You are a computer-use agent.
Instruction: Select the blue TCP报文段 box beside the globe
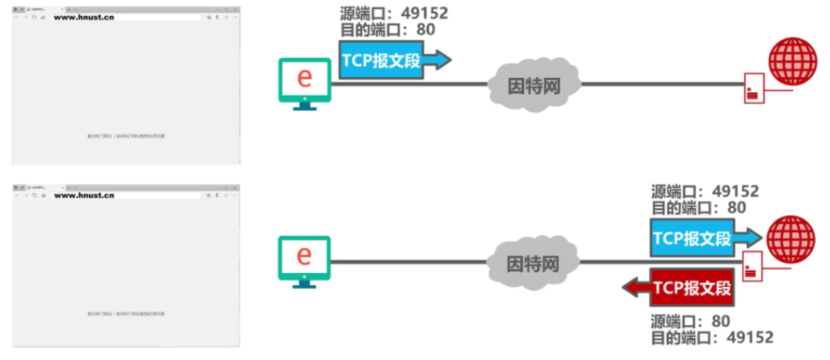click(x=692, y=237)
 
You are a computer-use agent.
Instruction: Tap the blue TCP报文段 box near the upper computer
click(x=381, y=61)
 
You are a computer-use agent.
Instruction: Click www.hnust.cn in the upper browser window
click(x=84, y=16)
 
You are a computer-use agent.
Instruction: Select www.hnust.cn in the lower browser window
click(x=84, y=195)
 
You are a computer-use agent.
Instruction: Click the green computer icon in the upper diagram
click(x=304, y=82)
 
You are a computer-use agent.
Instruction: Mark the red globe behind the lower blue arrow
click(x=791, y=237)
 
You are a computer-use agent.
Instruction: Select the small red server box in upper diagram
click(x=754, y=89)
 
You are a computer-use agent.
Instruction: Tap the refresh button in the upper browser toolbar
click(x=35, y=16)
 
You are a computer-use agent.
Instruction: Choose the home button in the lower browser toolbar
click(x=43, y=195)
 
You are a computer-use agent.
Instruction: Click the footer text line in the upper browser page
click(x=126, y=136)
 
